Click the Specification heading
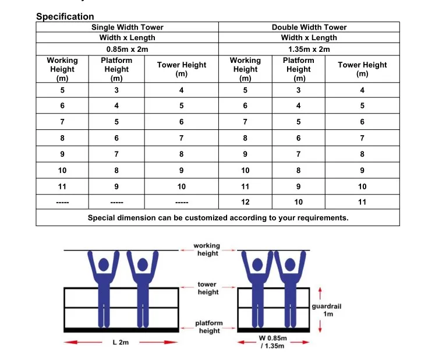coord(65,16)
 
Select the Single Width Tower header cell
coord(127,27)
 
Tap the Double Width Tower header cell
coord(309,27)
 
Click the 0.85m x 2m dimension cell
coord(127,49)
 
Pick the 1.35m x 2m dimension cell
coord(309,49)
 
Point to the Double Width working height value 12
coord(245,202)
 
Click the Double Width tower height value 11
coord(362,202)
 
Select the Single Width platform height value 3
coord(116,90)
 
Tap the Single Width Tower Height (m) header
coord(182,69)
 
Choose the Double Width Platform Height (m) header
coord(298,69)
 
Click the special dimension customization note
coord(218,218)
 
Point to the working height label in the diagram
coord(207,249)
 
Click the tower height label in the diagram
coord(207,288)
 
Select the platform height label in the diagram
coord(208,327)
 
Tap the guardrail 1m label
coord(328,309)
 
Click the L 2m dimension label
coord(121,343)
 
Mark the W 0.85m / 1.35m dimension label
coord(272,343)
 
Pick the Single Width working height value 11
coord(62,186)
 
